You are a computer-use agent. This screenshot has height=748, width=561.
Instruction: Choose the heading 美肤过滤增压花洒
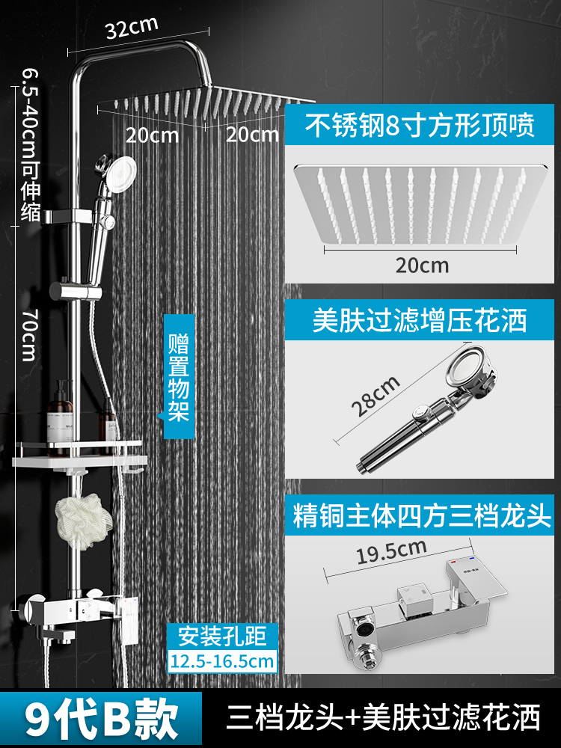(420, 320)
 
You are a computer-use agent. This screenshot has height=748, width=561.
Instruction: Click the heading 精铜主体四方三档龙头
(421, 516)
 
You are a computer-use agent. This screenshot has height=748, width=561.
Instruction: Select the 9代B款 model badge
(102, 718)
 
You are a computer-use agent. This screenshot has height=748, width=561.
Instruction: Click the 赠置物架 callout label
(179, 379)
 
